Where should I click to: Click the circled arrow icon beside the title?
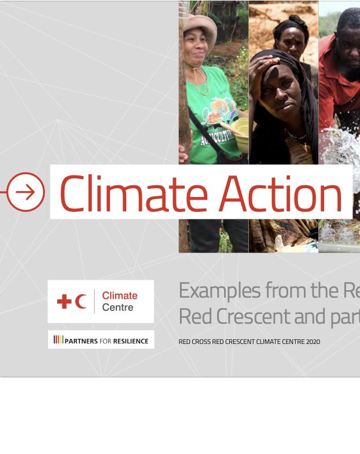point(25,192)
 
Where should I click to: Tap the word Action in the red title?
point(281,193)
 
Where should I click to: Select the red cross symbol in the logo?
point(65,301)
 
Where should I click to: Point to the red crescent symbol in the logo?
point(81,301)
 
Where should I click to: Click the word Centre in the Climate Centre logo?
point(117,307)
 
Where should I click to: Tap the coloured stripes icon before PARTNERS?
point(58,340)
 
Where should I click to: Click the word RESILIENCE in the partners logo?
point(130,341)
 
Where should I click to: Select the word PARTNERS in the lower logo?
point(81,341)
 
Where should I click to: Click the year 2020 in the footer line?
point(311,342)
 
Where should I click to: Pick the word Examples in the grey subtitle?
point(219,290)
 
